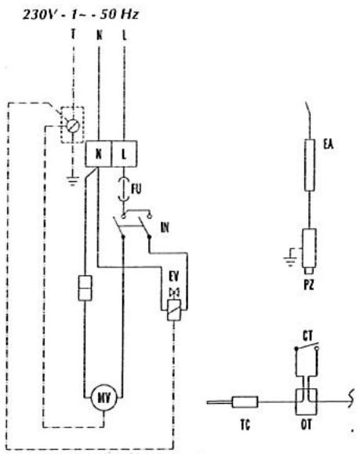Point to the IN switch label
tap(165, 227)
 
